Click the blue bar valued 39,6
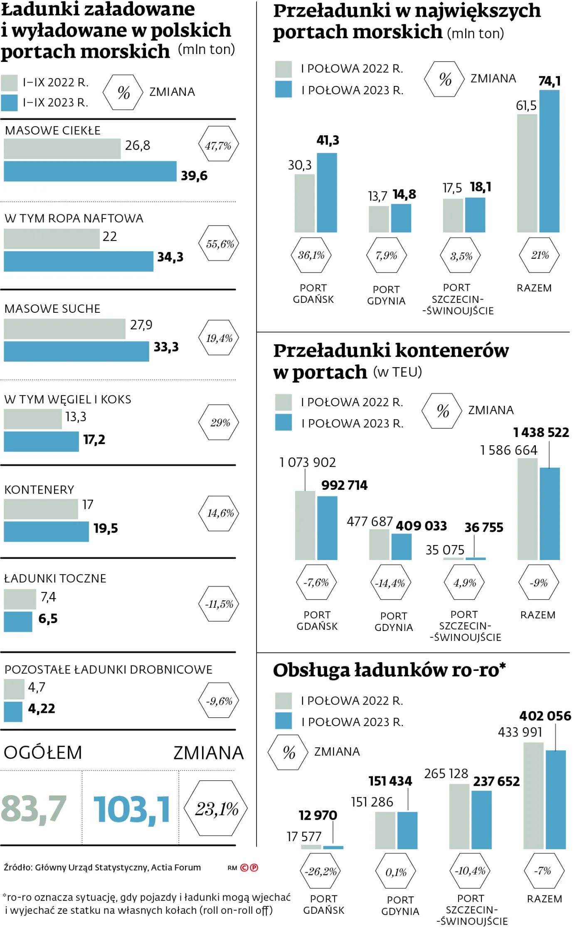(x=90, y=171)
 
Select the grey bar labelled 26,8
(x=62, y=149)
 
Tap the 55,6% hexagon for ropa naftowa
(x=220, y=244)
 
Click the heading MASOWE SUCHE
(x=52, y=309)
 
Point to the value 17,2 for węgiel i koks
(x=94, y=439)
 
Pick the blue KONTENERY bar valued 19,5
(x=46, y=531)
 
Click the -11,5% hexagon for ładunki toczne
(x=219, y=604)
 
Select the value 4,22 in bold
(x=42, y=708)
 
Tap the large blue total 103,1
(x=132, y=809)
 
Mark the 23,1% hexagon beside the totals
(x=217, y=808)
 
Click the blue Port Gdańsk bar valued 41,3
(x=327, y=192)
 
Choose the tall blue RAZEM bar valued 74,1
(x=549, y=161)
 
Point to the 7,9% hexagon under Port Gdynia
(x=386, y=255)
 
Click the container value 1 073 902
(x=307, y=462)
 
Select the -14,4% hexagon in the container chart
(x=390, y=583)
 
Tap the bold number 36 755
(x=484, y=528)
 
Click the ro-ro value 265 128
(x=446, y=774)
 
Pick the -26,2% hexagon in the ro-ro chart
(x=320, y=872)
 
